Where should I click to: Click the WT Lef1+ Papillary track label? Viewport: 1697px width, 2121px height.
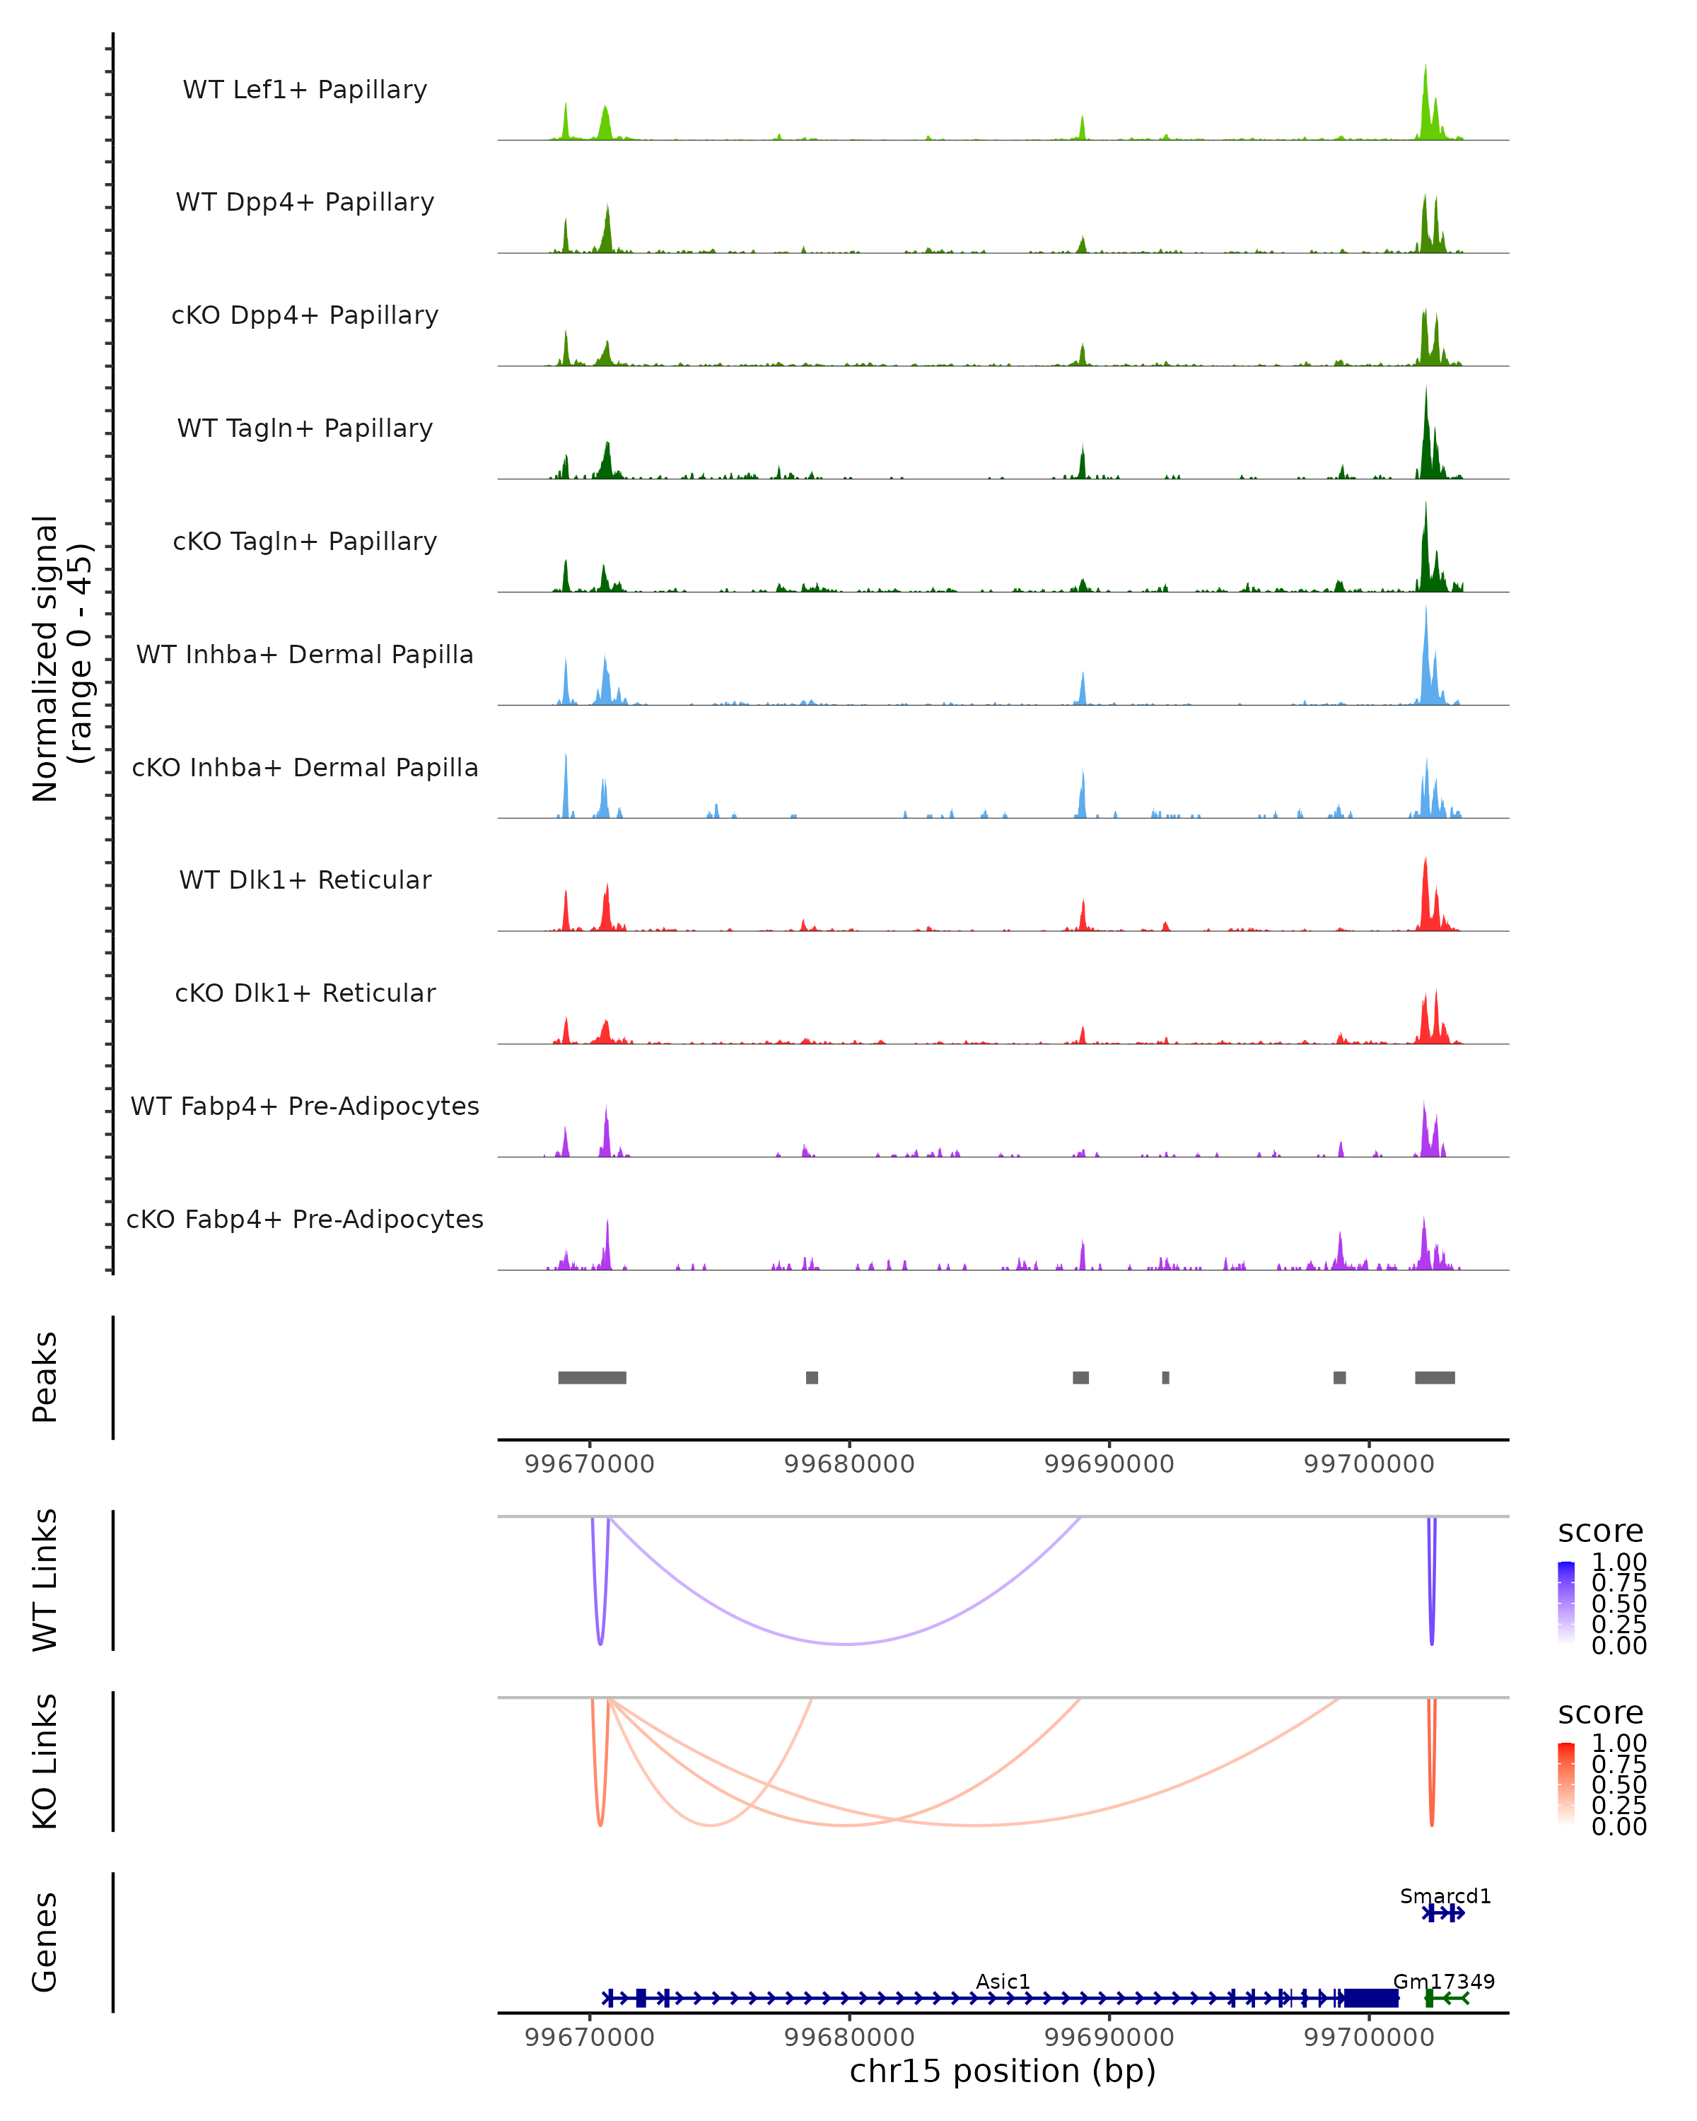pyautogui.click(x=305, y=90)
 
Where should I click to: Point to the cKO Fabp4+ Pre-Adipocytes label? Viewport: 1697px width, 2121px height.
pyautogui.click(x=305, y=1219)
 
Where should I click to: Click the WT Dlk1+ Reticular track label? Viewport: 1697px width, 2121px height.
pyautogui.click(x=305, y=880)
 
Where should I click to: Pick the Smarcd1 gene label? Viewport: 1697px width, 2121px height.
pyautogui.click(x=1445, y=1895)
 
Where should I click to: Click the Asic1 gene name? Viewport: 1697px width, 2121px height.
pyautogui.click(x=1003, y=1981)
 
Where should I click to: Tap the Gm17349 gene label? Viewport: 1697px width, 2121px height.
pyautogui.click(x=1443, y=1981)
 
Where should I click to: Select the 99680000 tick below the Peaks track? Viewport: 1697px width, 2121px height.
pyautogui.click(x=849, y=1464)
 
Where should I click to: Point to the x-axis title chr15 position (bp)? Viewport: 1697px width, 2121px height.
pyautogui.click(x=1003, y=2071)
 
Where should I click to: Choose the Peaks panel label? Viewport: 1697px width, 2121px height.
pyautogui.click(x=45, y=1377)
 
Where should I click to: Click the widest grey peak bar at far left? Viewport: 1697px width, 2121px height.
pyautogui.click(x=593, y=1377)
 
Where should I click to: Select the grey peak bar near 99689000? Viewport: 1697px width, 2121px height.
pyautogui.click(x=1080, y=1377)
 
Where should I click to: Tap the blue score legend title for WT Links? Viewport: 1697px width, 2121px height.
pyautogui.click(x=1599, y=1531)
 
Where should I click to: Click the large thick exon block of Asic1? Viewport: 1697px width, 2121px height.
pyautogui.click(x=1370, y=1998)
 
